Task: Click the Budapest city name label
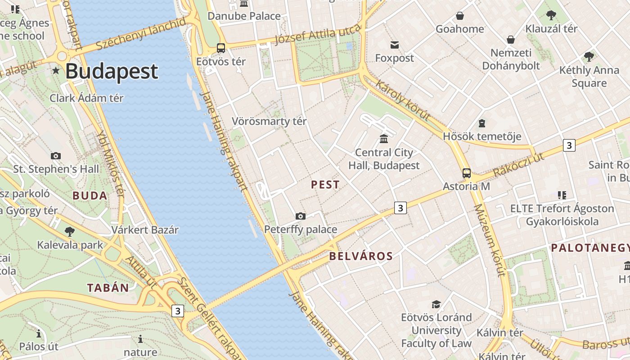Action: pos(112,72)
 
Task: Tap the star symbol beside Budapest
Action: pos(56,71)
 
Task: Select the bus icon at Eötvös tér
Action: pos(220,48)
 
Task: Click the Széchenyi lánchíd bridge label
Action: pos(141,35)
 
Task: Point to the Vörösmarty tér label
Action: pos(269,121)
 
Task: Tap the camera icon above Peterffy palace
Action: pos(301,216)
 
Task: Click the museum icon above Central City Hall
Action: pos(384,139)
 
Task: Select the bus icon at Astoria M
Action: pos(467,173)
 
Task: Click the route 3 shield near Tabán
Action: pos(178,311)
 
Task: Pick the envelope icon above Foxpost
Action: pos(395,45)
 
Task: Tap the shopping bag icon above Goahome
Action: pos(460,16)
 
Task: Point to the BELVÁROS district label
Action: pos(361,256)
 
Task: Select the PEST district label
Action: pos(325,184)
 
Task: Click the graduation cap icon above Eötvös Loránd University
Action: pos(436,304)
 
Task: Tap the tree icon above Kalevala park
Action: pos(70,232)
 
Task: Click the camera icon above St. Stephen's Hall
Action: pos(56,156)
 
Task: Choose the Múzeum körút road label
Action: pos(490,240)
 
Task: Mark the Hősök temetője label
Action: pos(482,136)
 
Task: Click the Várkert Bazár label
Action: pos(145,230)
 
